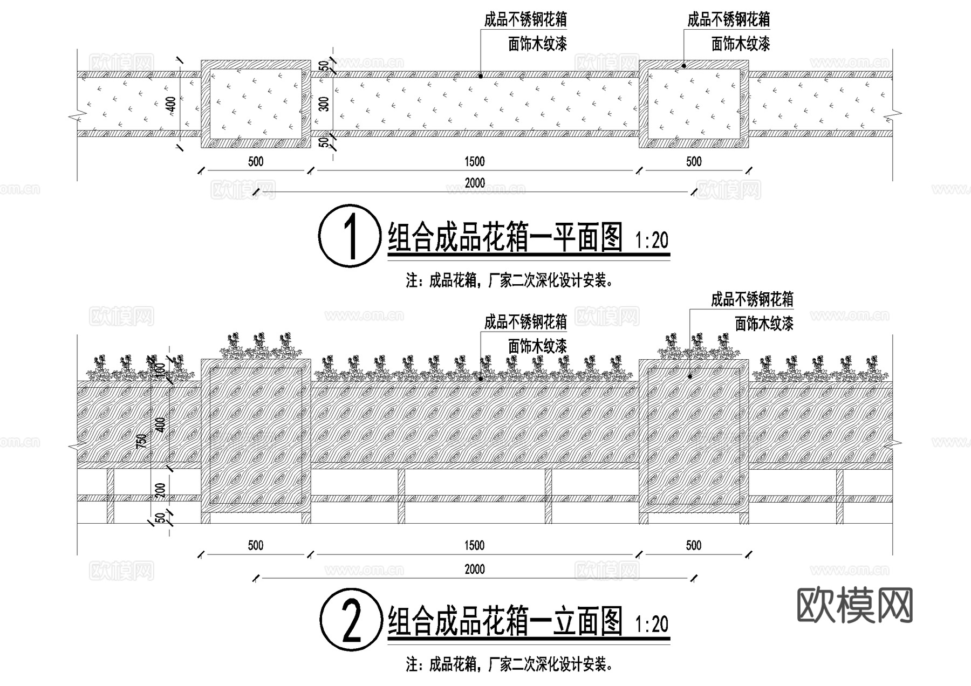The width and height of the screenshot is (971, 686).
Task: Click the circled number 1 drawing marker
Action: tap(350, 236)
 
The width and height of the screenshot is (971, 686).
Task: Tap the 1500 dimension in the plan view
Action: tap(475, 161)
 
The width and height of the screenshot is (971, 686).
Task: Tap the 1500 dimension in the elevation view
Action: tap(475, 545)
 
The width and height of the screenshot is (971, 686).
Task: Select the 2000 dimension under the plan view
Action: tap(475, 183)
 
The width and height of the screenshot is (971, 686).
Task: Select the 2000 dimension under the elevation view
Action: tap(475, 569)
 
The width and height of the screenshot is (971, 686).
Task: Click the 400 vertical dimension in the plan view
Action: tap(171, 104)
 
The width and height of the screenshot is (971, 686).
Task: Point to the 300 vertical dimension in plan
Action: tap(324, 104)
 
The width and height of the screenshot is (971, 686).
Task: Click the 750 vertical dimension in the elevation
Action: tap(141, 441)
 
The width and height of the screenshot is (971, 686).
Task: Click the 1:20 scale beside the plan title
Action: tap(652, 241)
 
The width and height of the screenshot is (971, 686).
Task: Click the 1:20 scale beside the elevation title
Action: tap(652, 625)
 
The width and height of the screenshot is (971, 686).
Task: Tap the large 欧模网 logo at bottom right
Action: tap(854, 605)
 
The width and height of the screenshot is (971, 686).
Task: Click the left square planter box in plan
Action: tap(256, 104)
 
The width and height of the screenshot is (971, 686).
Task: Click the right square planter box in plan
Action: tap(694, 104)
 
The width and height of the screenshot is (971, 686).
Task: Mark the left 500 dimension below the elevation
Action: tap(256, 545)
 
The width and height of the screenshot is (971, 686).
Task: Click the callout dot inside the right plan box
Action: tap(684, 66)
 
